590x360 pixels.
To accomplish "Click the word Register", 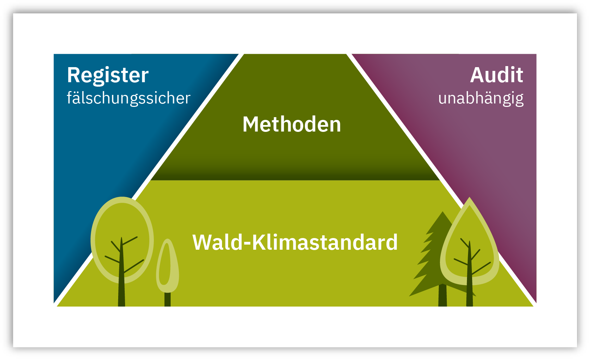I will pyautogui.click(x=108, y=76).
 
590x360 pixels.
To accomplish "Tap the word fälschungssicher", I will pyautogui.click(x=128, y=99).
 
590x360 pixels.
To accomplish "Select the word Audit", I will pyautogui.click(x=496, y=75).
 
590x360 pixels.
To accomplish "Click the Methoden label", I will pyautogui.click(x=292, y=124).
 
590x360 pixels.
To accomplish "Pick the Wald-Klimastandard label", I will pyautogui.click(x=295, y=243).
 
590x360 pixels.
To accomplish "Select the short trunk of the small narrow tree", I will pyautogui.click(x=168, y=299).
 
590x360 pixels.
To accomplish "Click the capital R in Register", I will pyautogui.click(x=73, y=75).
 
